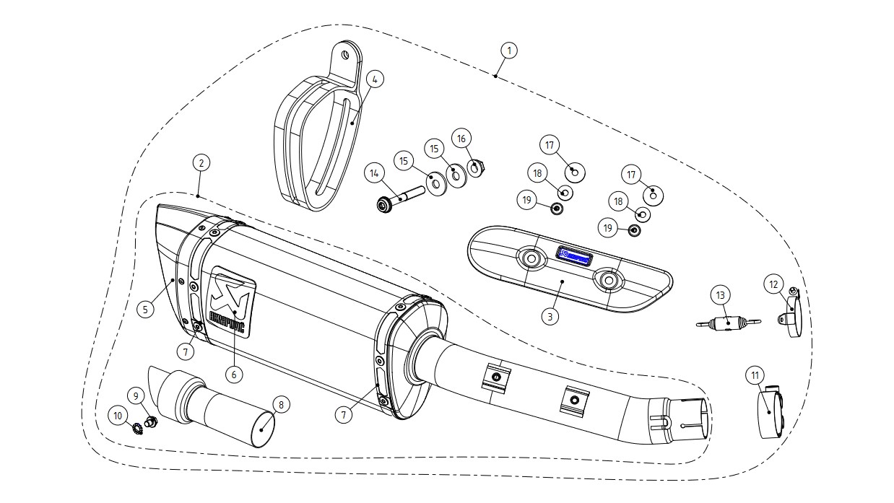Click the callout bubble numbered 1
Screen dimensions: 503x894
coord(509,51)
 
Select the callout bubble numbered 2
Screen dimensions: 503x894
coord(201,163)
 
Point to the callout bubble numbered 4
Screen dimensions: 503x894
coord(374,79)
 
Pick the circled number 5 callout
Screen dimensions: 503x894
coord(145,309)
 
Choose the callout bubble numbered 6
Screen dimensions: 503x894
coord(233,374)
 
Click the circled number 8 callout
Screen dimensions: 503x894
coord(279,405)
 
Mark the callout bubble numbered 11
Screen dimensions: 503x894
coord(755,375)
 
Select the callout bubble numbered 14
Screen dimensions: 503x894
coord(374,173)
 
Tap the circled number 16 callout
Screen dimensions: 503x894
coord(462,137)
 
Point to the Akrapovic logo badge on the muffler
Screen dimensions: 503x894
coord(232,301)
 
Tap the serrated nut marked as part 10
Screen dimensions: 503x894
coord(140,430)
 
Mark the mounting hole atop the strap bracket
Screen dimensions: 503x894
coord(345,53)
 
